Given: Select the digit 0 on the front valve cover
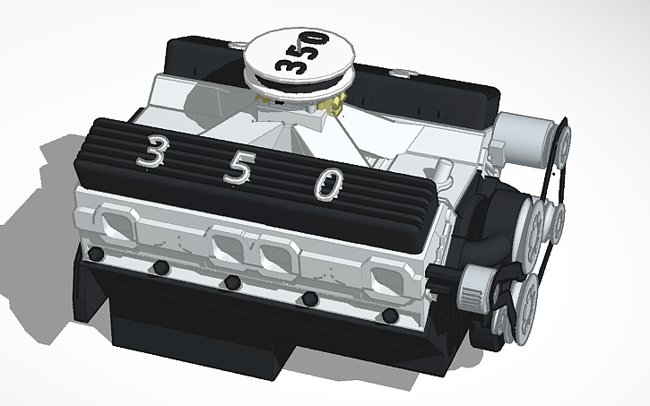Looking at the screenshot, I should pos(328,185).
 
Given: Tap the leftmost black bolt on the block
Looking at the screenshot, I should pos(98,255).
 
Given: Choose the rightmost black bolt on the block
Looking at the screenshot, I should pos(388,315).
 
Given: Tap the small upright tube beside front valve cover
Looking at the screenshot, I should pos(443,171).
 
